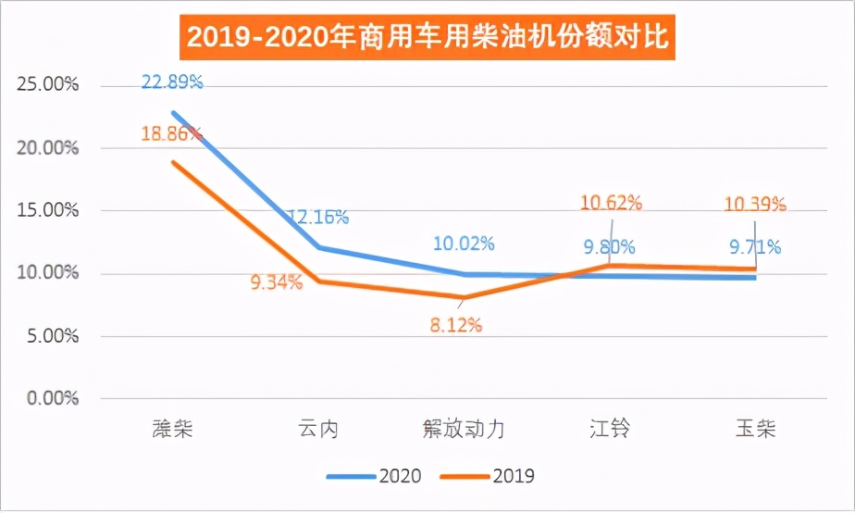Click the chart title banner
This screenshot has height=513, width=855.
(x=427, y=40)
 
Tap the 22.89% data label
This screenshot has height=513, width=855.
(x=172, y=82)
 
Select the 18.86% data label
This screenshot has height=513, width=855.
(x=172, y=133)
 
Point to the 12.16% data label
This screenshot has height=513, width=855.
(x=317, y=218)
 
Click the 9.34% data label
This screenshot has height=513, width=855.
(x=276, y=282)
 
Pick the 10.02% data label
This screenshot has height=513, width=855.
(x=464, y=244)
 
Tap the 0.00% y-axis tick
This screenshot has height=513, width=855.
(x=53, y=399)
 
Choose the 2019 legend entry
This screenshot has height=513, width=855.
(x=487, y=476)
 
